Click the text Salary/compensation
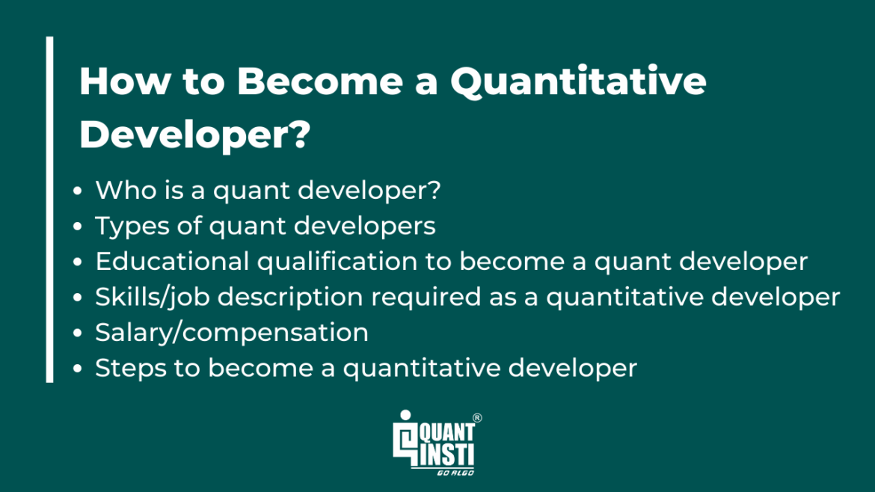232,332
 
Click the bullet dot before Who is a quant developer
79,191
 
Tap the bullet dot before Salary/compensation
79,333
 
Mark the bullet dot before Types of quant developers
79,227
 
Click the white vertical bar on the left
49,209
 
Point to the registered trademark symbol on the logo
477,419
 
